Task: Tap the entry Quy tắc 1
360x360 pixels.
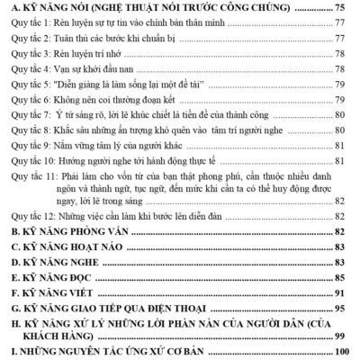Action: [x=108, y=24]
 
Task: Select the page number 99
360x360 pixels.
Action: [x=350, y=336]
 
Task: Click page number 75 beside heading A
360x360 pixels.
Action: [x=350, y=8]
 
